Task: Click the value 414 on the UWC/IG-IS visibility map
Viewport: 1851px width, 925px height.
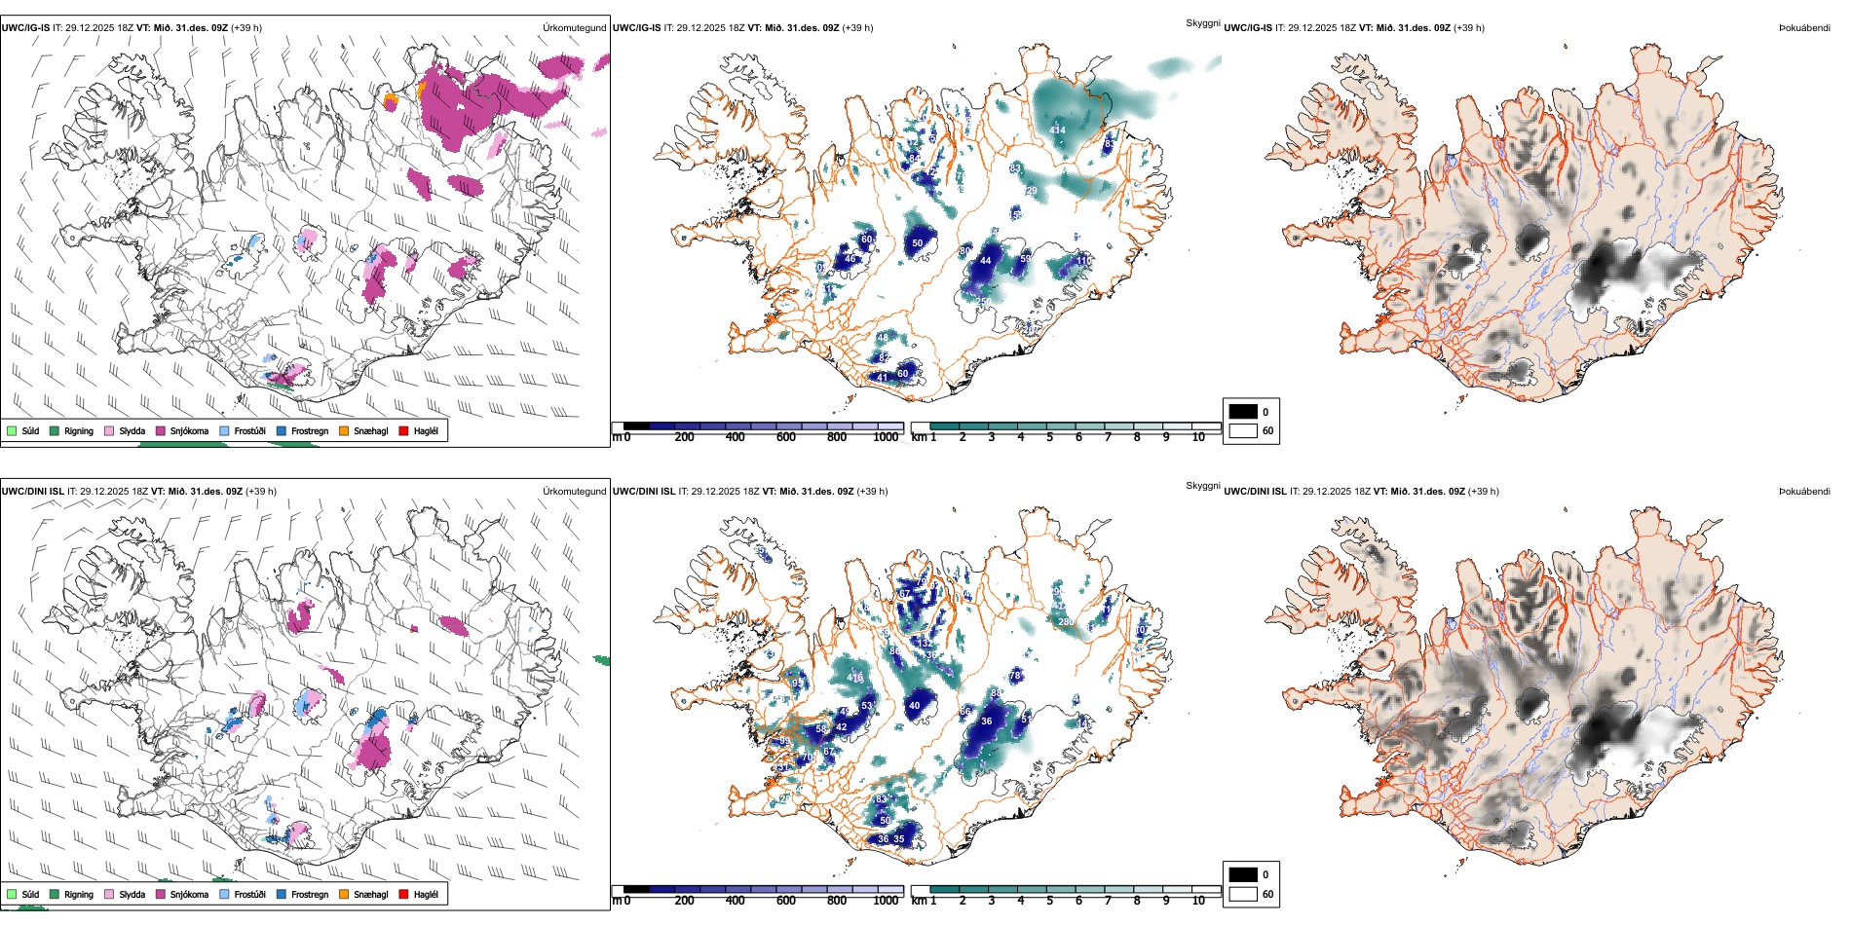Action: tap(1057, 129)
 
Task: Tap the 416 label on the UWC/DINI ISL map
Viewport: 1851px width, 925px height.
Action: tap(855, 678)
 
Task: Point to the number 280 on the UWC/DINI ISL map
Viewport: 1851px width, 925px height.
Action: tap(1066, 621)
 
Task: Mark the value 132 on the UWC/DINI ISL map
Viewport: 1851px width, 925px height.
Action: tap(924, 644)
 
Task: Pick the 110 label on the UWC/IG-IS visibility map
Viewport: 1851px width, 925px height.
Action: tap(1083, 260)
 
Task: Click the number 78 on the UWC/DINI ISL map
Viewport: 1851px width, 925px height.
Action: tap(1015, 675)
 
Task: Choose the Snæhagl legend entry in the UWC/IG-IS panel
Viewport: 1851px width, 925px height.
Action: tap(370, 430)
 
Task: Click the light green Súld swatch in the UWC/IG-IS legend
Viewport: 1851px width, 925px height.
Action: tap(12, 430)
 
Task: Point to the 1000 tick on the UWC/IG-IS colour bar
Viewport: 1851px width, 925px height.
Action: tap(886, 437)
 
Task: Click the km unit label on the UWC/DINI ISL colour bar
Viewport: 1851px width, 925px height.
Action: tap(919, 901)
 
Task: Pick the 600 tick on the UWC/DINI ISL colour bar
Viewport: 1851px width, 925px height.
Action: tap(786, 901)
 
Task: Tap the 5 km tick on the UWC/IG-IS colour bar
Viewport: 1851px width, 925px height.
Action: tap(1049, 437)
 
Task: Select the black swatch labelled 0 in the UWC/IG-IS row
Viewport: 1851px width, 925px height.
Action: tap(1243, 412)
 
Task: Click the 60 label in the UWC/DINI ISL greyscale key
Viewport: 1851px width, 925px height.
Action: tap(1267, 894)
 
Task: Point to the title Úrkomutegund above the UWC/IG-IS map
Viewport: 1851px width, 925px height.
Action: tap(574, 28)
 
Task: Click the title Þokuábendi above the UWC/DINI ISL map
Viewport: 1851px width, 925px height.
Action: tap(1804, 492)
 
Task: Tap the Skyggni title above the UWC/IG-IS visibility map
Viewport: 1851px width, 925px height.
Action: tap(1202, 22)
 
